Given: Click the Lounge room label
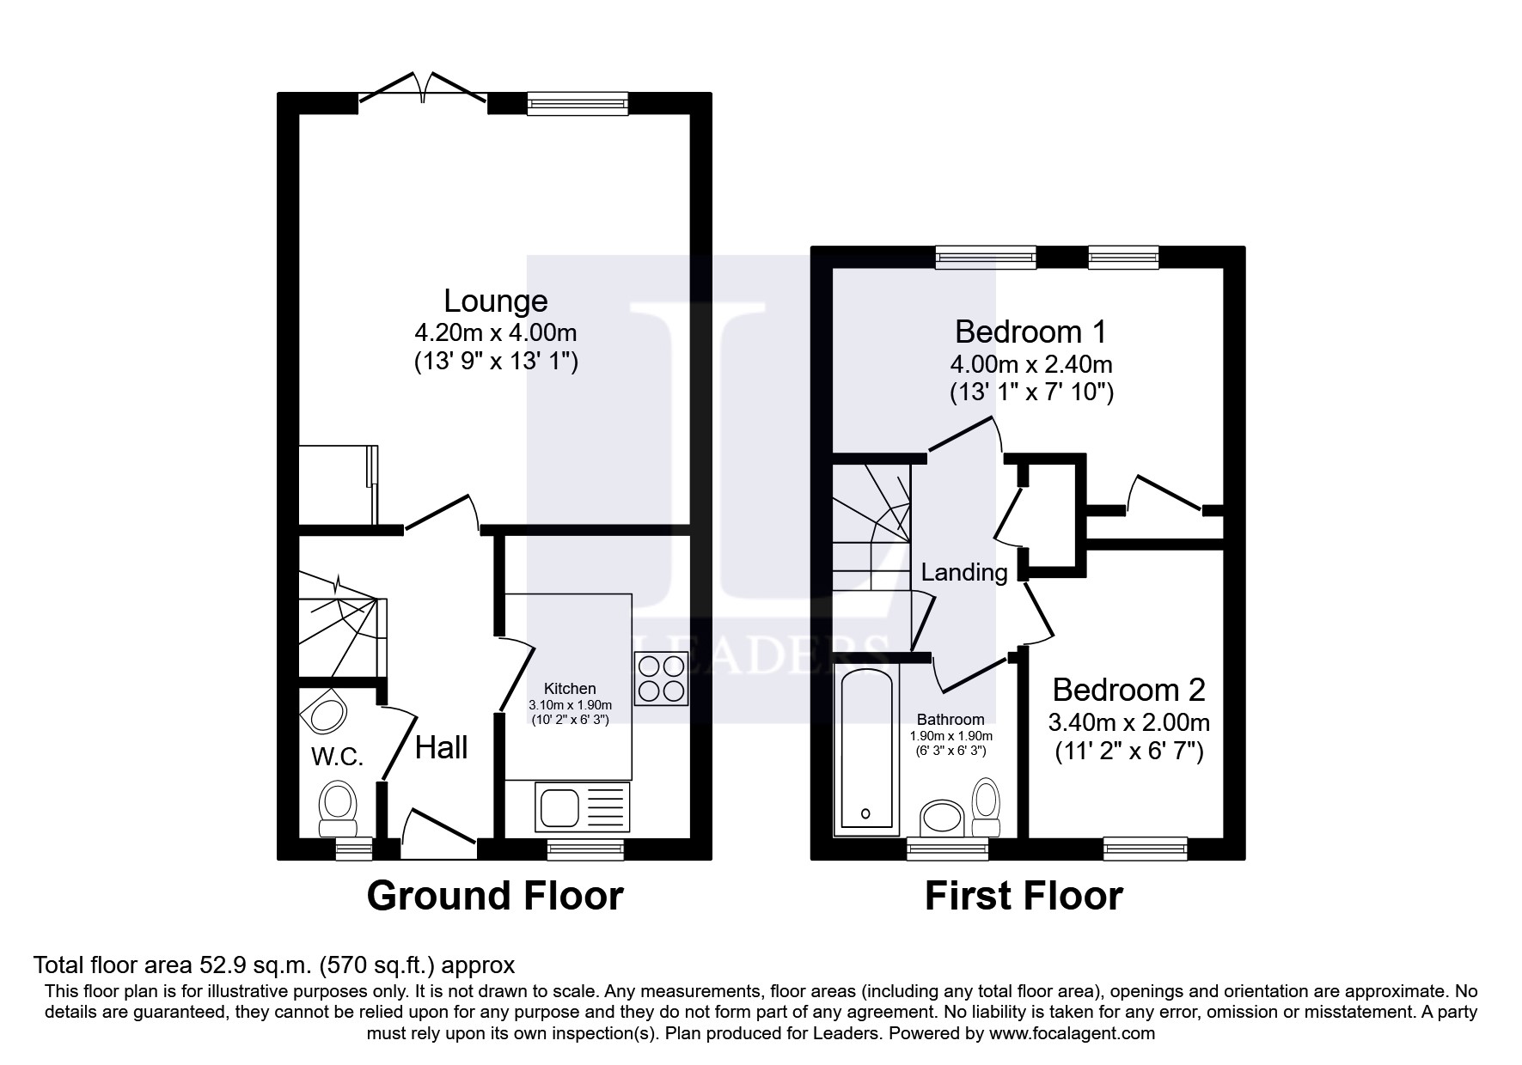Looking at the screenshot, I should (495, 301).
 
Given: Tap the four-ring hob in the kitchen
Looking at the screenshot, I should (660, 679).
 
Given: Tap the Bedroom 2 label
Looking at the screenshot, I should (1128, 690).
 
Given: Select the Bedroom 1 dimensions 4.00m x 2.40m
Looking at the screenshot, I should (1031, 364).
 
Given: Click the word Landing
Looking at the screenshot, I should (963, 572).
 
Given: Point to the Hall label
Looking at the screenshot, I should (441, 747).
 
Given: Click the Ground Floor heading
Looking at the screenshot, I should (494, 896).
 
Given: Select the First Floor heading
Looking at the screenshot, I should (1023, 896).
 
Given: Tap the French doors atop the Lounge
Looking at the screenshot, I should (423, 93).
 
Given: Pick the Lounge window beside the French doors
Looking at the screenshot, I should (577, 103).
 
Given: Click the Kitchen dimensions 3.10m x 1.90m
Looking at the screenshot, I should (569, 704).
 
